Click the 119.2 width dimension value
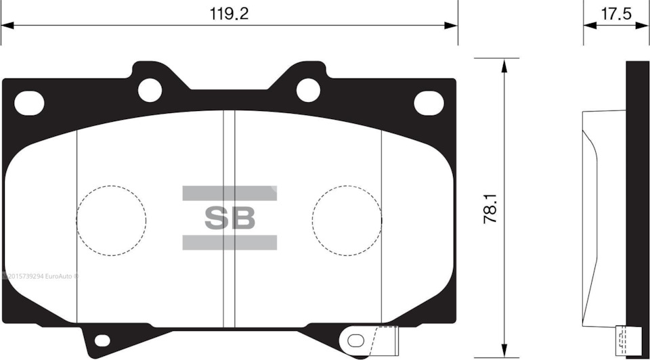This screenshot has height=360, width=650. click(x=230, y=13)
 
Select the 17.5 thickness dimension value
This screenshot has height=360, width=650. click(x=615, y=13)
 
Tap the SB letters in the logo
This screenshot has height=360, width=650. click(x=230, y=218)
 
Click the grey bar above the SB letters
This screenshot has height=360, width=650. click(x=230, y=194)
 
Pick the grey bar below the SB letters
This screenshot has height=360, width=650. click(x=230, y=242)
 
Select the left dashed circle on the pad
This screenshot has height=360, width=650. click(x=111, y=221)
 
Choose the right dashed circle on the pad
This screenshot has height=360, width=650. click(x=347, y=221)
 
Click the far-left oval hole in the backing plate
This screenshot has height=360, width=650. click(x=29, y=102)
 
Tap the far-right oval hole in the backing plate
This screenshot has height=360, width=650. click(x=429, y=102)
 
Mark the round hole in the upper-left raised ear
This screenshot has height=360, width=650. click(x=150, y=89)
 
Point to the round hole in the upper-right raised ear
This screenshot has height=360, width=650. click(x=308, y=89)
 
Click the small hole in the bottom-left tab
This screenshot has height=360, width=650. click(x=101, y=340)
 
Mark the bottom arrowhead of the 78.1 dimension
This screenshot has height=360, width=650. click(x=503, y=351)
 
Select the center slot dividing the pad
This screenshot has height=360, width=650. click(x=229, y=217)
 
